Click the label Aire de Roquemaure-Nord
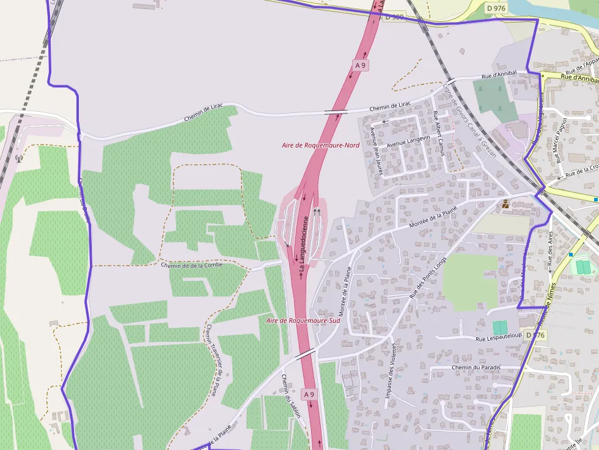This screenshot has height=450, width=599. click(x=320, y=145)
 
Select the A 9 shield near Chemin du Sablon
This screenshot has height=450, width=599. click(x=309, y=394)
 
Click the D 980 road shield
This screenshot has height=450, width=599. click(x=395, y=17)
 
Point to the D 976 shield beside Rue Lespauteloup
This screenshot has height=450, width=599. click(x=535, y=335)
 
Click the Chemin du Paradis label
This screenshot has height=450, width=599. click(x=476, y=368)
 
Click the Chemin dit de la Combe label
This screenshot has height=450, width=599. click(x=192, y=265)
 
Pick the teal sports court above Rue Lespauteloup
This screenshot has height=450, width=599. click(x=500, y=327)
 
